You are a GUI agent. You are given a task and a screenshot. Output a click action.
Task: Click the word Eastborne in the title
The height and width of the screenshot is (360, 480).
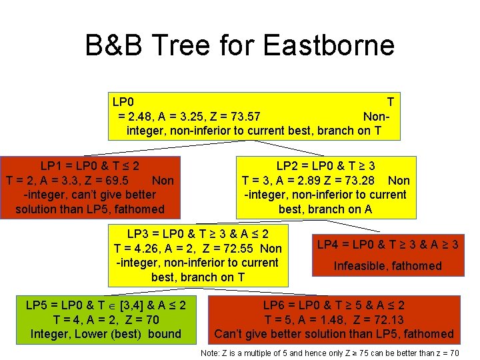click(329, 46)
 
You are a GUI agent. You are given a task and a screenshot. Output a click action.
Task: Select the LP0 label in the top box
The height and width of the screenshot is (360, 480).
click(123, 102)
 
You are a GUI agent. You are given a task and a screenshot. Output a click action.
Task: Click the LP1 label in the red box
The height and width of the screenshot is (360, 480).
click(54, 165)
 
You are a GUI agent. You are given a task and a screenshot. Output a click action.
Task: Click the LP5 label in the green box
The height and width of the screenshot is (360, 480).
click(39, 305)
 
